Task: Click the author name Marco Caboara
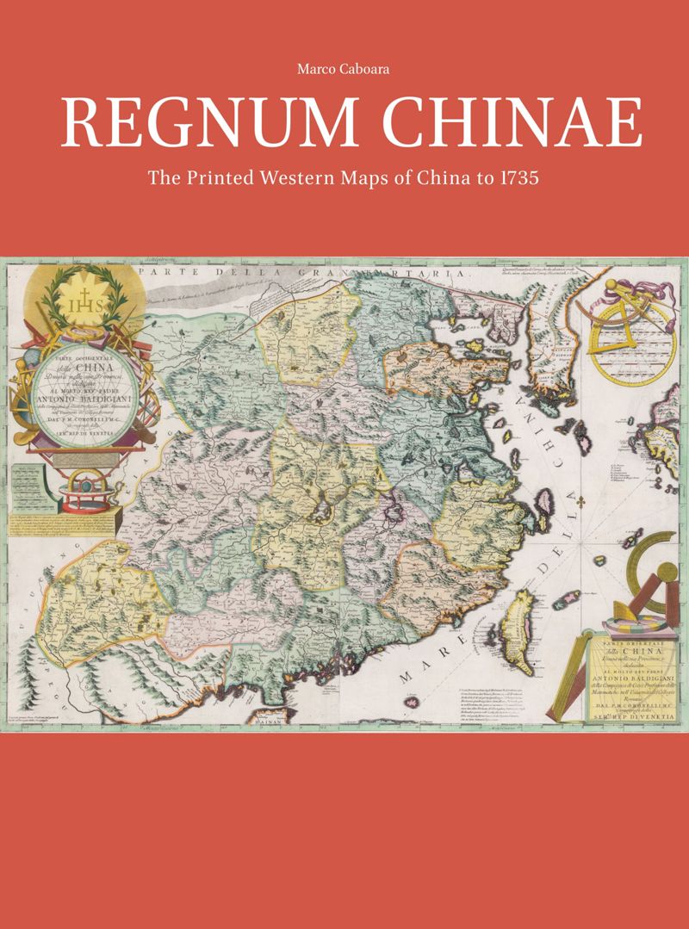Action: [344, 70]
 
